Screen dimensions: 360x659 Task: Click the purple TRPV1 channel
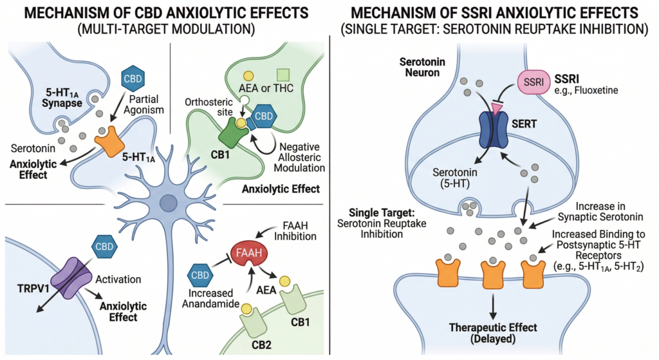[60, 275]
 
